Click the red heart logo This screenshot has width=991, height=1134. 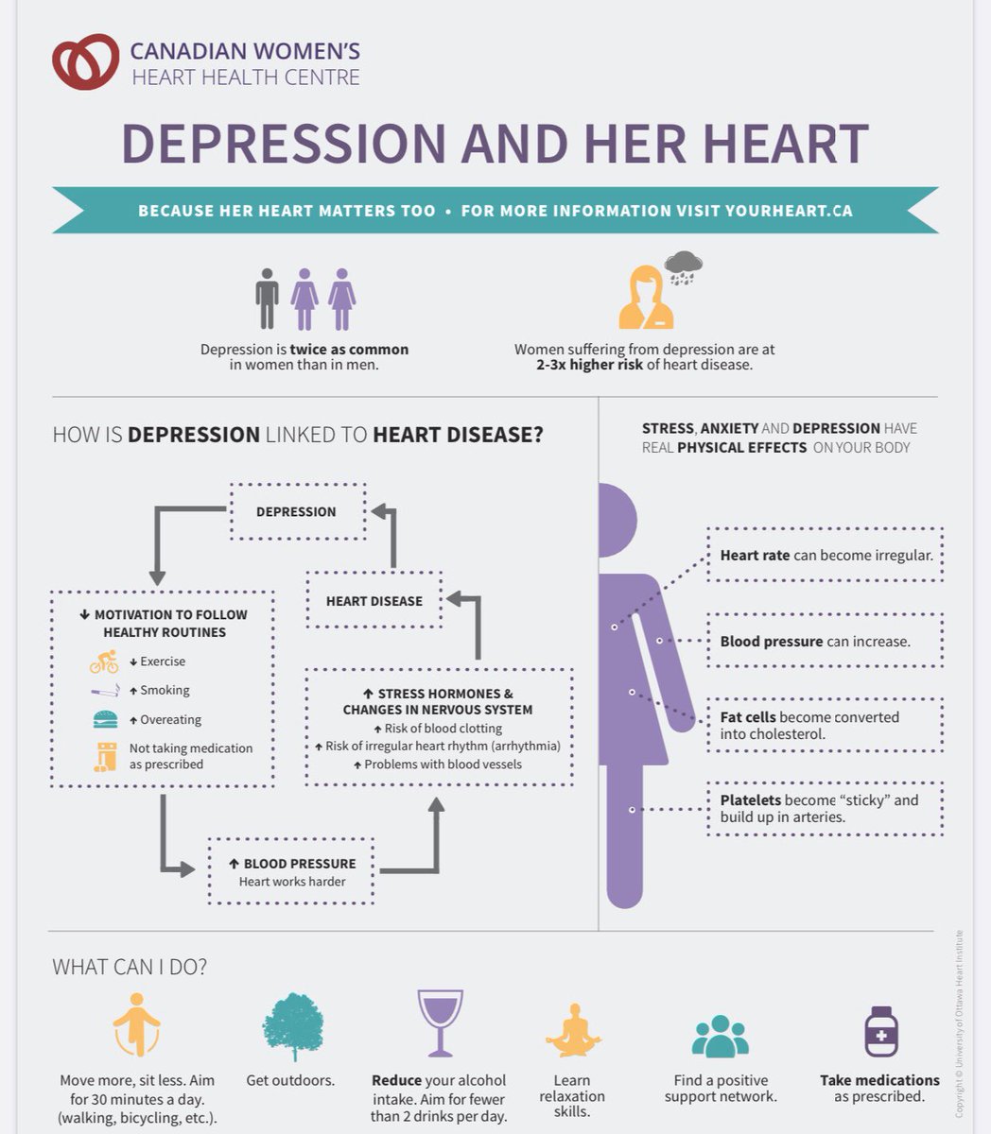(85, 61)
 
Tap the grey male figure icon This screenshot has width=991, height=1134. (268, 299)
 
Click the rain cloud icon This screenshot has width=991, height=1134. (683, 266)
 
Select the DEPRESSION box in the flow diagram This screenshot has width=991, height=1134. (297, 511)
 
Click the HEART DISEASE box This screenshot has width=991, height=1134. (374, 600)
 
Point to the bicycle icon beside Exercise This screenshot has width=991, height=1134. (104, 661)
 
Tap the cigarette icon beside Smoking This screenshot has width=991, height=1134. (105, 691)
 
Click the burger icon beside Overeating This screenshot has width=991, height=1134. (105, 719)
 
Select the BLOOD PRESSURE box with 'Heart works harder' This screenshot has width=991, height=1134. (291, 871)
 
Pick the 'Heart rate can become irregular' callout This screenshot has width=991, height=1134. (825, 556)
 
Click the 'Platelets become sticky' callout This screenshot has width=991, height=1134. (825, 808)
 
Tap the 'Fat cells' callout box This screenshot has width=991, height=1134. (825, 725)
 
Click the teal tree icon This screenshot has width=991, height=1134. (292, 1026)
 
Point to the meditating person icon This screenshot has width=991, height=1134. (572, 1030)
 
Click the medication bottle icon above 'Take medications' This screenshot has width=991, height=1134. (880, 1030)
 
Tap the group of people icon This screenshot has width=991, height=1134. (721, 1037)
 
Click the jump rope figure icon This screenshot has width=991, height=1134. (137, 1024)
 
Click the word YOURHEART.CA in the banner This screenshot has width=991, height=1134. (789, 211)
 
